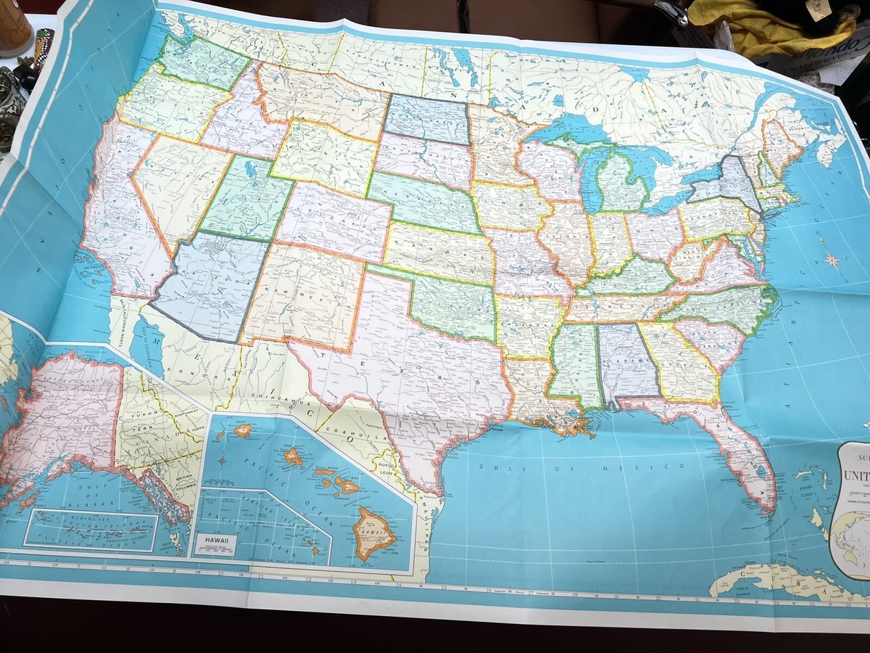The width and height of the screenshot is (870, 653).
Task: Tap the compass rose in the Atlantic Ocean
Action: pos(832,258)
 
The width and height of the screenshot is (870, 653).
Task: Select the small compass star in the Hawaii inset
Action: pos(223,460)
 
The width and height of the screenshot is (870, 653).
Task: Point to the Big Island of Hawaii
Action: pos(374,534)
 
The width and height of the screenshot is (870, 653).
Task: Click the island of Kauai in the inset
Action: pos(242,430)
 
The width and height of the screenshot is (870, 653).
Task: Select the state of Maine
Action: pos(779,141)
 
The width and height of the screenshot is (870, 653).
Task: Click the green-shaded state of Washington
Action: pos(203,62)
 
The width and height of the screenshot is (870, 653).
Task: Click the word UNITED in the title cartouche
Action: pos(856,477)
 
